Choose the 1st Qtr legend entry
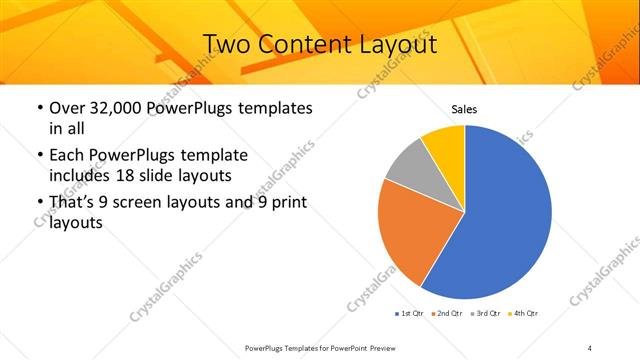(410, 314)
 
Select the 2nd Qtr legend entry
(447, 314)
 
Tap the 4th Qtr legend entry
(524, 314)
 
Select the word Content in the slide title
(303, 44)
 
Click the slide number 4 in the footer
(590, 347)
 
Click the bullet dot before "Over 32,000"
(39, 107)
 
